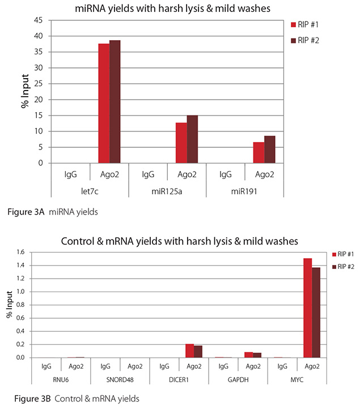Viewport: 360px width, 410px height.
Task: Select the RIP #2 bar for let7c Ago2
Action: [x=115, y=102]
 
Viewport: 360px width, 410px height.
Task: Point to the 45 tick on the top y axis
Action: [x=40, y=20]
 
